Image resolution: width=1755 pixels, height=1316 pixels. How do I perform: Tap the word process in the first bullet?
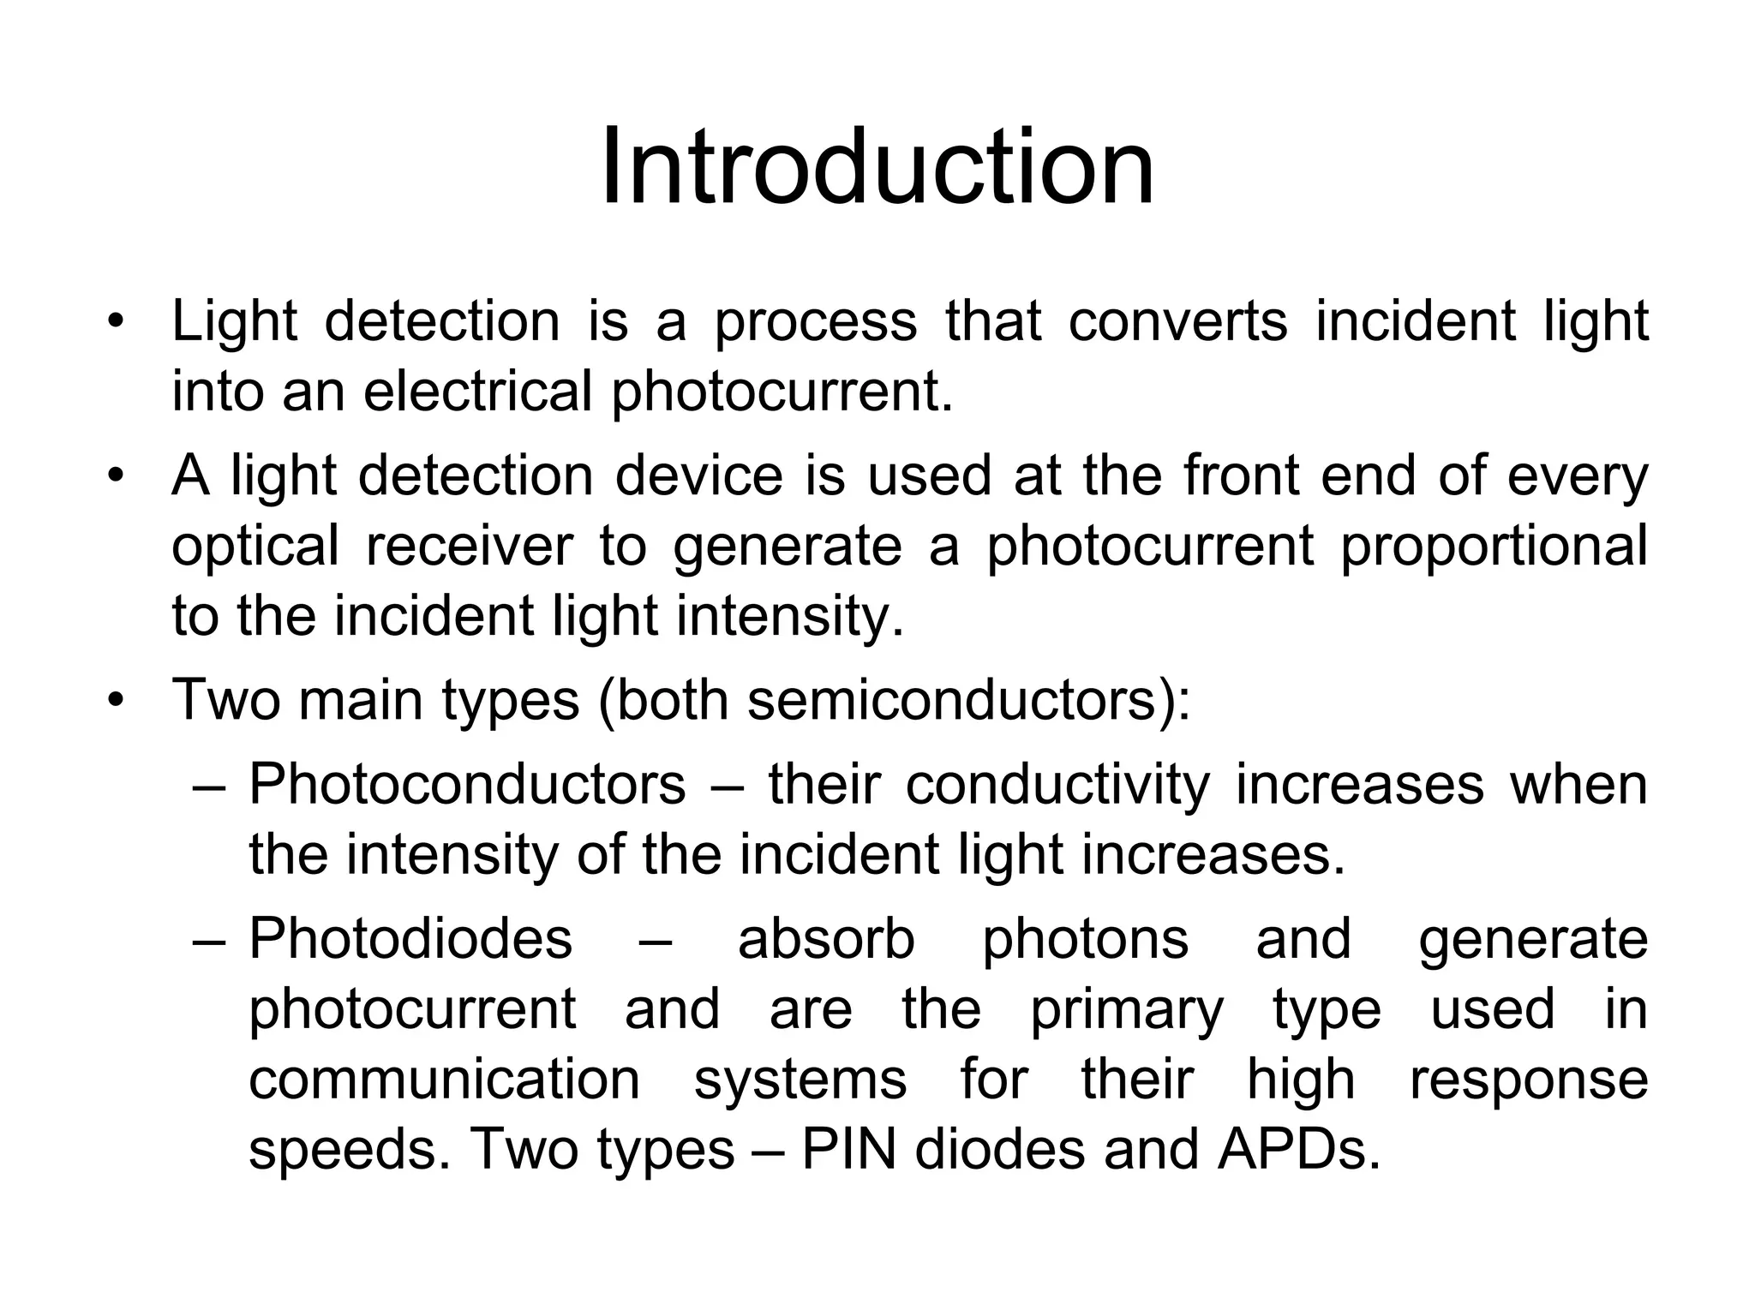pyautogui.click(x=815, y=323)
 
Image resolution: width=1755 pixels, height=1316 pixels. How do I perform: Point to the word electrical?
pyautogui.click(x=477, y=392)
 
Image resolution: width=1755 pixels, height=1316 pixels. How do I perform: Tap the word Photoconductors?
pyautogui.click(x=467, y=784)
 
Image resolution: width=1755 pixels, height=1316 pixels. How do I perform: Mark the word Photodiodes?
pyautogui.click(x=410, y=938)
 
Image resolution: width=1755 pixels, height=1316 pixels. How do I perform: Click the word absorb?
pyautogui.click(x=826, y=938)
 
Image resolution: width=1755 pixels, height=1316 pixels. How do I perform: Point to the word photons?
pyautogui.click(x=1085, y=940)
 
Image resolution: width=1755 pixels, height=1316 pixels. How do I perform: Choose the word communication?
pyautogui.click(x=444, y=1079)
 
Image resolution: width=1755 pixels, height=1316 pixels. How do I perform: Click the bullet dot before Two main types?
pyautogui.click(x=117, y=701)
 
